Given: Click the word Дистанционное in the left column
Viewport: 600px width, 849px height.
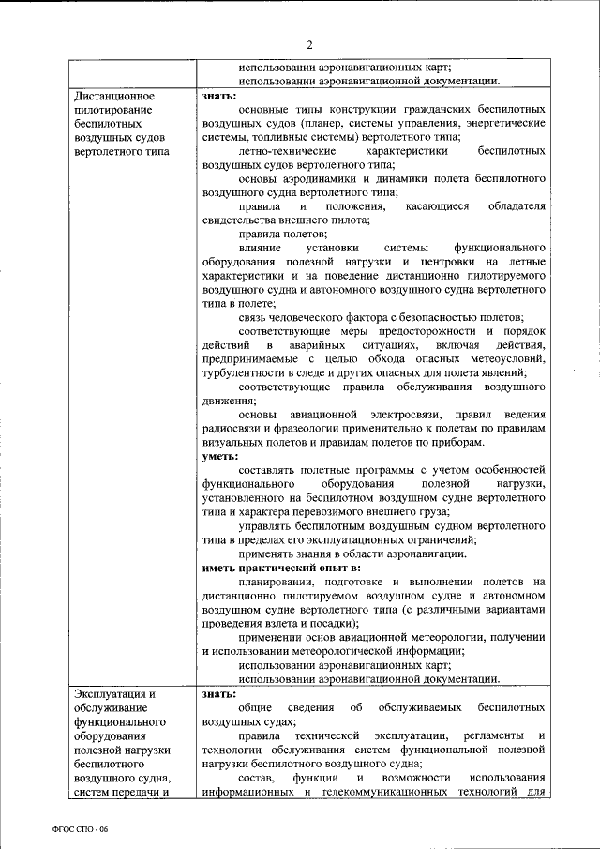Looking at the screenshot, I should [x=113, y=96].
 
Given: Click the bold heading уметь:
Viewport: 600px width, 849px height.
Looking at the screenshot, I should [x=221, y=456].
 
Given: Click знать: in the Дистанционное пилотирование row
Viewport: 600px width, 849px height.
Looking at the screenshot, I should [x=220, y=96].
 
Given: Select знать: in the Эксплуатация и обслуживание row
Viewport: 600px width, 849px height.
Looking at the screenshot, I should [x=220, y=693].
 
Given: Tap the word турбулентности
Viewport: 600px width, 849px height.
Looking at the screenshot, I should [x=245, y=372].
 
